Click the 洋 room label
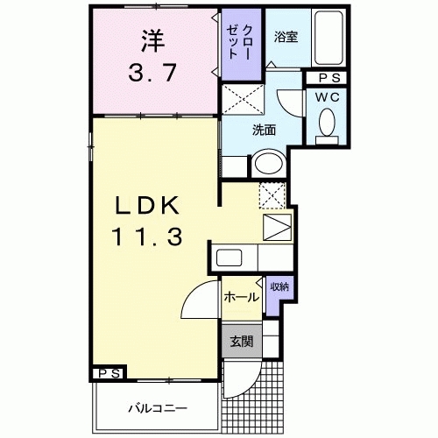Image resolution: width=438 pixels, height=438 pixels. point(153,39)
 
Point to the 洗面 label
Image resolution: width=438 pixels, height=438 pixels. point(265,130)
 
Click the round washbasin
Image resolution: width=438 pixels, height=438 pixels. point(267,165)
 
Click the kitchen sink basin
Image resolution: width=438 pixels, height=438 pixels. point(230,258)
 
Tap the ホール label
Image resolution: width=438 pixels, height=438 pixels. point(240,296)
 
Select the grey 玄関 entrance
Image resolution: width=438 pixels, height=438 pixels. point(240,340)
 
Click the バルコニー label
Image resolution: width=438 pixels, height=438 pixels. point(154,407)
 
